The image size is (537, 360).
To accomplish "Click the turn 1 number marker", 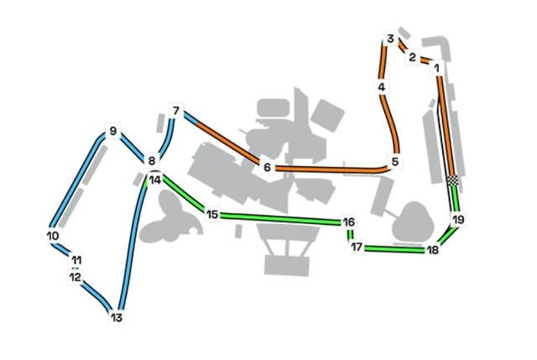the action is tap(436, 68).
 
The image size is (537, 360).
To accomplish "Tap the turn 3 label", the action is tap(390, 39).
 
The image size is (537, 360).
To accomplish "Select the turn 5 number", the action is tap(395, 161).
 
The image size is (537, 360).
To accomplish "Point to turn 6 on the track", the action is tap(267, 167).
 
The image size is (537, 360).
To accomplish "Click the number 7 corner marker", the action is tap(176, 111).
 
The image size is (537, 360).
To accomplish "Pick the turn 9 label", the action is tap(113, 131).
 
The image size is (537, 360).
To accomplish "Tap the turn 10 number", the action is tap(53, 236).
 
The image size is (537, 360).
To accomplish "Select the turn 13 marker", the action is tap(117, 317).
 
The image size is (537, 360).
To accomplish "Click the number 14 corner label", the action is tap(155, 180).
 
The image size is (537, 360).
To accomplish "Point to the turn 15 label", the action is tap(212, 215).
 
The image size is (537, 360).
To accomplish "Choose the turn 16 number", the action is tap(349, 222).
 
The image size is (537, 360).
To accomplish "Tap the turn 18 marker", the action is tap(433, 250).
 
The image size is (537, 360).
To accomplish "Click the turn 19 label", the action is tap(458, 219).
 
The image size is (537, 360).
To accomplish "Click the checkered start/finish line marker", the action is tap(453, 180).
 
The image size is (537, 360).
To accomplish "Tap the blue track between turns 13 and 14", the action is tap(132, 247).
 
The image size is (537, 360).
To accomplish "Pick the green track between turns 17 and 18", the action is tap(394, 249).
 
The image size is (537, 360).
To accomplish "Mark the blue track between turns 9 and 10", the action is tap(77, 181).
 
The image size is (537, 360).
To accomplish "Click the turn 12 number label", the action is tap(76, 277).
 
